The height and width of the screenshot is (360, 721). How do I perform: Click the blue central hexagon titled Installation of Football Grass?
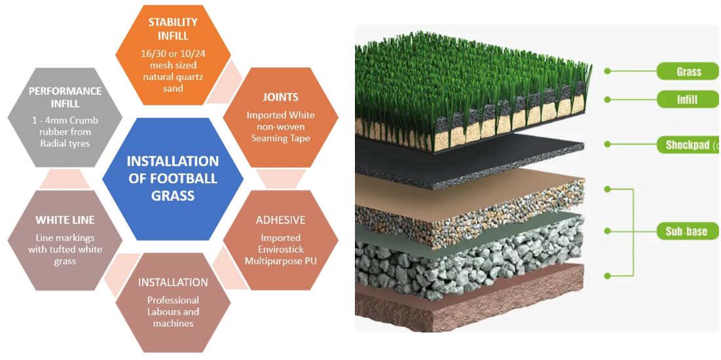(173, 179)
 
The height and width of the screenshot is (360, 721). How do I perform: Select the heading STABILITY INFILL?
(173, 28)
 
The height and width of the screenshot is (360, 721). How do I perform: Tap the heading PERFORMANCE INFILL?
(65, 97)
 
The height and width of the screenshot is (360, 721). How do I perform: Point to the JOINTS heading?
(280, 97)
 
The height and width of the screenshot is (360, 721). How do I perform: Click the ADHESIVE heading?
(280, 220)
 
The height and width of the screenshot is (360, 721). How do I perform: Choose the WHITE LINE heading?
(65, 220)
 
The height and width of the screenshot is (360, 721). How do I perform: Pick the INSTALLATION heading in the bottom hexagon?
(173, 282)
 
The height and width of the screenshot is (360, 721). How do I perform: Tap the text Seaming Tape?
(280, 138)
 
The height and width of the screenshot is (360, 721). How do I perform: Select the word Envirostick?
(280, 249)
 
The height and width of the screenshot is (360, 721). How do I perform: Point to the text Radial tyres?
(65, 143)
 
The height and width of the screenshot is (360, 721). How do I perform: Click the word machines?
(173, 323)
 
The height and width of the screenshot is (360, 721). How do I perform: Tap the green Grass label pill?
(688, 71)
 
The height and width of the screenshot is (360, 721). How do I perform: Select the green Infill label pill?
(688, 99)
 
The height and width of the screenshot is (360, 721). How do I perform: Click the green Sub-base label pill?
(688, 231)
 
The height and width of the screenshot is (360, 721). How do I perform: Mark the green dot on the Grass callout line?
(608, 71)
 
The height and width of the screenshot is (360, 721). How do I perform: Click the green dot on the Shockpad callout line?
(608, 144)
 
